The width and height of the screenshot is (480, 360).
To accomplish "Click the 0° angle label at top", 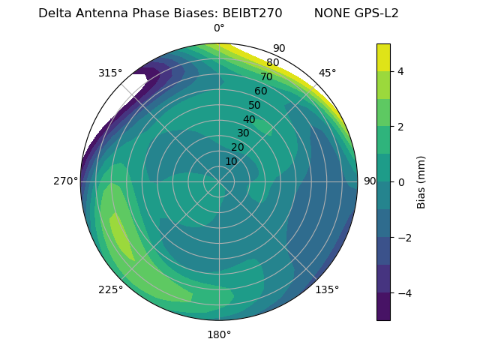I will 219,28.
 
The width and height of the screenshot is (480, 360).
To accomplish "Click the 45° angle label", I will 327,73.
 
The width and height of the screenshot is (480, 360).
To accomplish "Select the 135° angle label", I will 327,289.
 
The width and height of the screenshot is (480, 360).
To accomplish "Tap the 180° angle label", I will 219,334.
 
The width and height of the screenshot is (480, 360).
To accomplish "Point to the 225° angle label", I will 110,290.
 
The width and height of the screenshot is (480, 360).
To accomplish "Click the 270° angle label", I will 66,181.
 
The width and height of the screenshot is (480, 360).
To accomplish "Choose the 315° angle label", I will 110,73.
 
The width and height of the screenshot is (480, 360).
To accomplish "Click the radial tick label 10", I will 231,161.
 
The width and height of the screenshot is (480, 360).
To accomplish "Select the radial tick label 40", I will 249,119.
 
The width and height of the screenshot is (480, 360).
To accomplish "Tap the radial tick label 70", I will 266,76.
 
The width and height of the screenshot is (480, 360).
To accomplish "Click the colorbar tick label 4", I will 400,71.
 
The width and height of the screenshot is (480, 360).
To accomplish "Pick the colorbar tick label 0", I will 400,181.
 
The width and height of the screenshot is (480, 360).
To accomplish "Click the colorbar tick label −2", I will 403,238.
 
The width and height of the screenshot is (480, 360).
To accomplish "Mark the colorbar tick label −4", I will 403,292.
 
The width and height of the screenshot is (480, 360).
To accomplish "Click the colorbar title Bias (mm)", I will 421,181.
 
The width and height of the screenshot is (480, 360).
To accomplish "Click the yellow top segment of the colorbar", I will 383,57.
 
